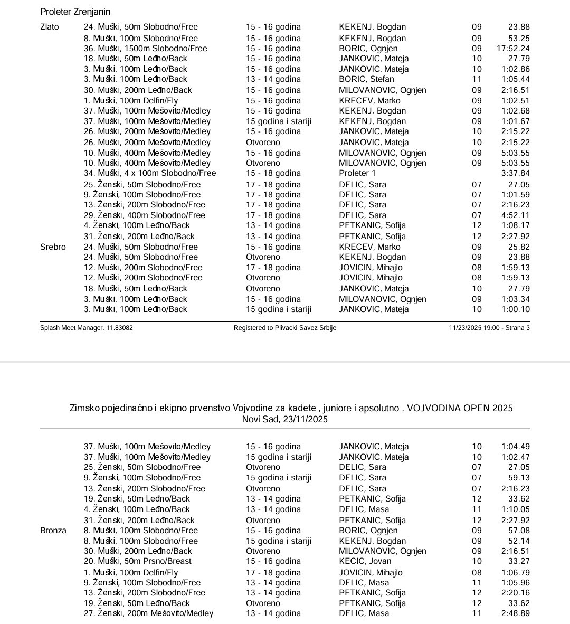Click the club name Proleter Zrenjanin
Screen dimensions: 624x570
pyautogui.click(x=75, y=12)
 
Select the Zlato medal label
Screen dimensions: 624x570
pyautogui.click(x=50, y=27)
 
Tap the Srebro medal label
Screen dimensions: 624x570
pyautogui.click(x=53, y=247)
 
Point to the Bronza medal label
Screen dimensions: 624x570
pyautogui.click(x=53, y=531)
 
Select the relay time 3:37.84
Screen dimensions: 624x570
pyautogui.click(x=516, y=173)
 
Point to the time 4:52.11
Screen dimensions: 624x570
pyautogui.click(x=516, y=215)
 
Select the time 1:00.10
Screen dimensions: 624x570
pyautogui.click(x=516, y=309)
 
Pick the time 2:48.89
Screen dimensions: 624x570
pyautogui.click(x=516, y=613)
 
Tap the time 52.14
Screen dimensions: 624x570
pyautogui.click(x=519, y=541)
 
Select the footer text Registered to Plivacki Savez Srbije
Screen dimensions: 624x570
pyautogui.click(x=285, y=328)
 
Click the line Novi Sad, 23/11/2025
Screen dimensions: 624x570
pyautogui.click(x=285, y=419)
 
